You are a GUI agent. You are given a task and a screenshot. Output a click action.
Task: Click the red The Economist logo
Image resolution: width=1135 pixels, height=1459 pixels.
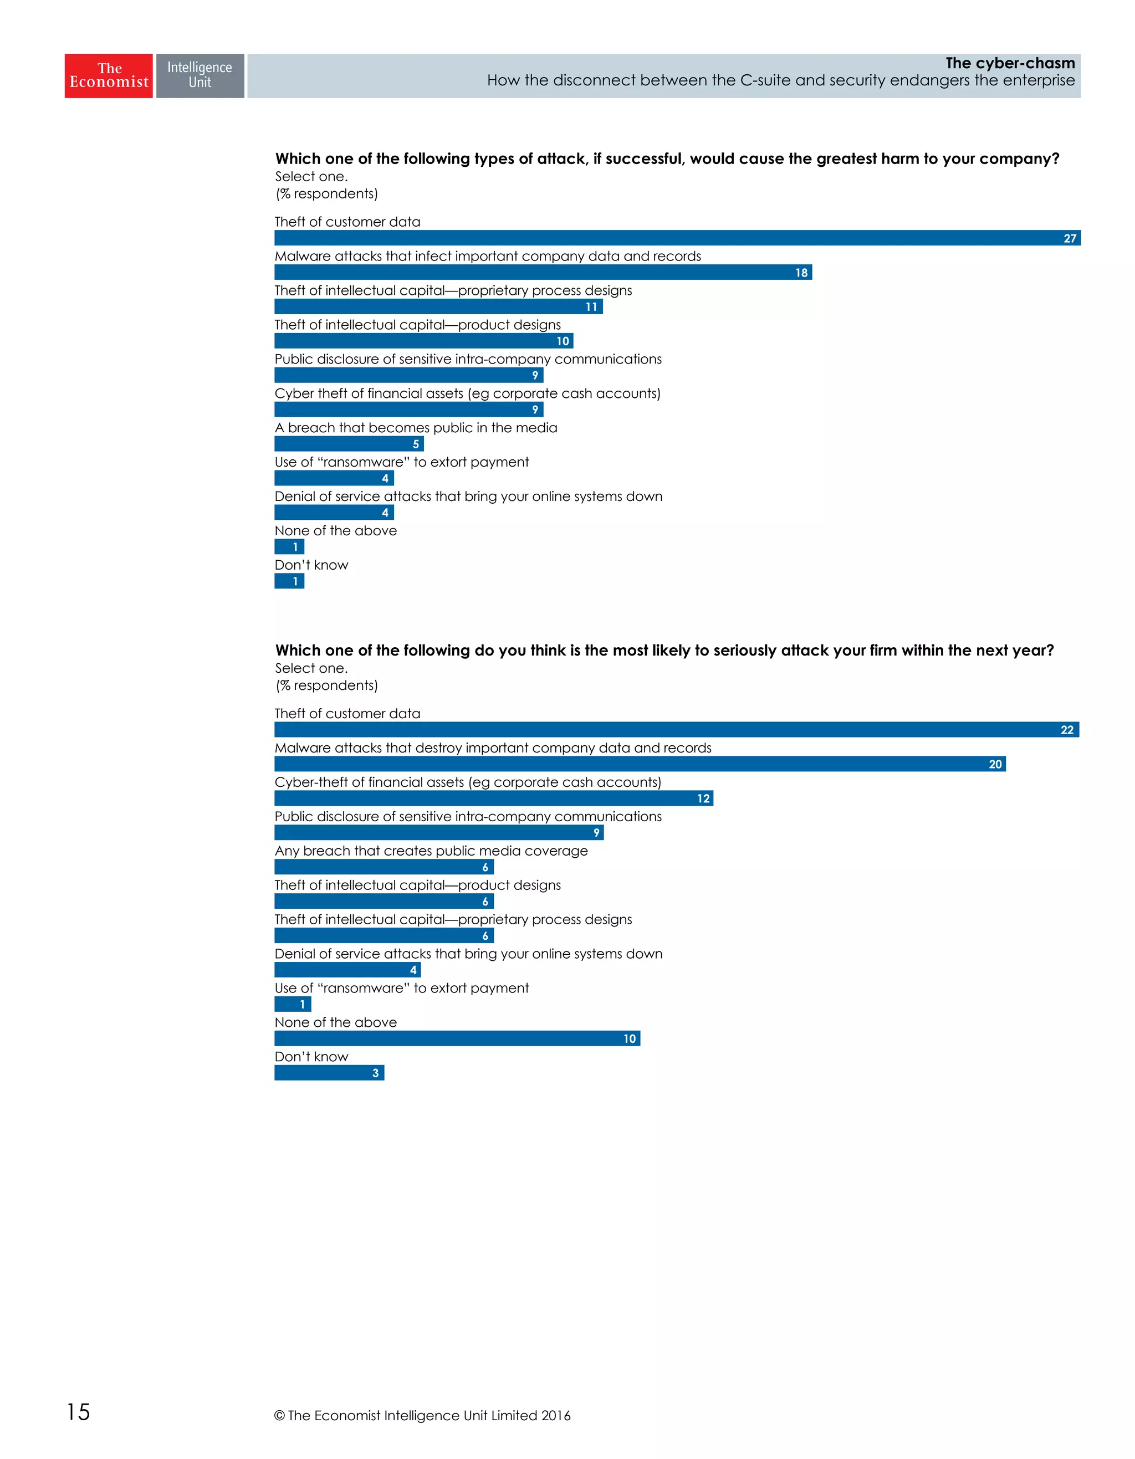point(108,75)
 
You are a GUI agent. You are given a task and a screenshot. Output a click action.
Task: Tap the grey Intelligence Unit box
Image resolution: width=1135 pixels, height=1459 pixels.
point(200,75)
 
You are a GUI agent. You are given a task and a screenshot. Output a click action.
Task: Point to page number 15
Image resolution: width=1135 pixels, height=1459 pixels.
point(78,1411)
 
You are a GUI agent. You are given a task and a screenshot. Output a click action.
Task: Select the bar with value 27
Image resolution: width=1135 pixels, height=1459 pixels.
point(677,238)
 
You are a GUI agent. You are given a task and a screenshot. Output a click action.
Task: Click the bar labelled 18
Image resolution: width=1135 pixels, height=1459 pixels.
point(543,273)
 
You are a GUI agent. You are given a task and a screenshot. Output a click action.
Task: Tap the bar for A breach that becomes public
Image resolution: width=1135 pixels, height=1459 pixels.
point(349,444)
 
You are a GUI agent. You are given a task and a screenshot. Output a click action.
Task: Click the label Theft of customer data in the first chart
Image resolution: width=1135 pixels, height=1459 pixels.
point(347,222)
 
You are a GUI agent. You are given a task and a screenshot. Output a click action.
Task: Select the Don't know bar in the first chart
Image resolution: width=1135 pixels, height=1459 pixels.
point(289,581)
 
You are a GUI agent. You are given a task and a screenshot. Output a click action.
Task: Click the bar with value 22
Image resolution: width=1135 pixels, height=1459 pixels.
point(676,729)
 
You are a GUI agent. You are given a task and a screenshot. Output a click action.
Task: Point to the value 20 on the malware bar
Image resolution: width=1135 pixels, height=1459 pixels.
point(995,764)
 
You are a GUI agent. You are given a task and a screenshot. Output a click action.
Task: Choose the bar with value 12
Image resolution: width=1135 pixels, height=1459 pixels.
point(493,798)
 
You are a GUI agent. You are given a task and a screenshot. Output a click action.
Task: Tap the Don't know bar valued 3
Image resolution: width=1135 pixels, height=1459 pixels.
point(329,1073)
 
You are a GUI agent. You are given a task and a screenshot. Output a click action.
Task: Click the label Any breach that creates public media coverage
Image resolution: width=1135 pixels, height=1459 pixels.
point(431,851)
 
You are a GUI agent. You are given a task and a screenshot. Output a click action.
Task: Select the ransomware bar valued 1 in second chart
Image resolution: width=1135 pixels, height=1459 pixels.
point(293,1004)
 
